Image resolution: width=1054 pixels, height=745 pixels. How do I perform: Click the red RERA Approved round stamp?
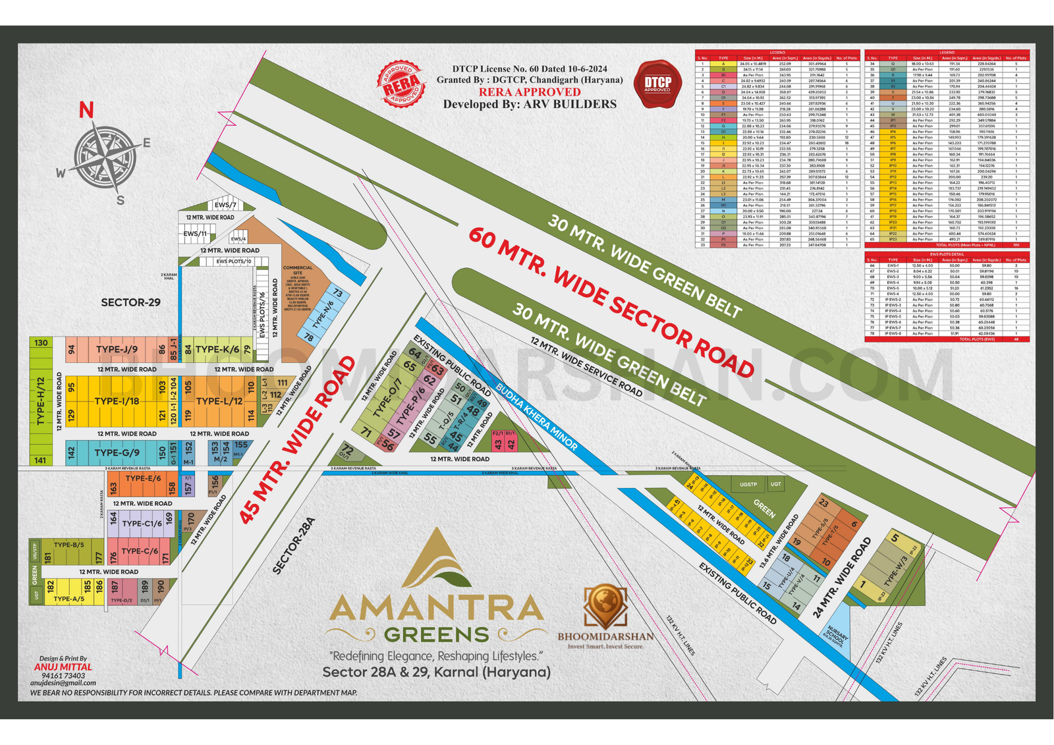point(401,84)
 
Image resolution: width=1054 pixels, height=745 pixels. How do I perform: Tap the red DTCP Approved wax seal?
point(657,84)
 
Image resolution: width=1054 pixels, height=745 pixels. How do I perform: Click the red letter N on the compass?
point(86,110)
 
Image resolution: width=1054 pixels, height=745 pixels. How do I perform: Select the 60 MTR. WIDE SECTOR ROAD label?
point(611,302)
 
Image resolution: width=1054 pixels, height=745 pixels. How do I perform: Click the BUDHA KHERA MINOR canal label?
point(536,417)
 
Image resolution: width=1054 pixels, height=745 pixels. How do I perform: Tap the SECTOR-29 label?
point(130,302)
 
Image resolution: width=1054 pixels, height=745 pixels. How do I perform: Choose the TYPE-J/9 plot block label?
point(117,349)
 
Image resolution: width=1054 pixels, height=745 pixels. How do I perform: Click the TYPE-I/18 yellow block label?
point(117,400)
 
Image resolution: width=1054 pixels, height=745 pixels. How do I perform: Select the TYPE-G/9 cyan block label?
point(117,453)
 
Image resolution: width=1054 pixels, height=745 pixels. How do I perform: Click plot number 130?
point(41,343)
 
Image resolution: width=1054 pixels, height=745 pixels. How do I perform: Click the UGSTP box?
point(748,484)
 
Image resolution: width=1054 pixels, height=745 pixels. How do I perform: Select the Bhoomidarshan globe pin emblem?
point(605,605)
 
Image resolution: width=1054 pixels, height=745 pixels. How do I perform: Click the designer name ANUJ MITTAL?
point(63,667)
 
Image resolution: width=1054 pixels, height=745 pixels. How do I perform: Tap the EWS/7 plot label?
point(225,205)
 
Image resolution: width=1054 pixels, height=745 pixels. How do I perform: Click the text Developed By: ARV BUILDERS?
point(530,104)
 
